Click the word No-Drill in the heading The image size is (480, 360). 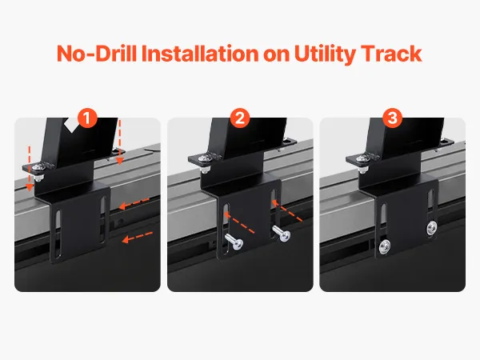[96, 54]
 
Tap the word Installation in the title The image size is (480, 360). [200, 54]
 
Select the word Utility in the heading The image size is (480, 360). [325, 54]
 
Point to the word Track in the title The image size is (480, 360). [391, 54]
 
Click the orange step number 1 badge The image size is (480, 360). [87, 118]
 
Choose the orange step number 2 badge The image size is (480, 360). [240, 118]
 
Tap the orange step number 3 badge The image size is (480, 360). [393, 118]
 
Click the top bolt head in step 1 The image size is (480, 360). [39, 167]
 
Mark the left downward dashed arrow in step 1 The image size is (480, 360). [30, 169]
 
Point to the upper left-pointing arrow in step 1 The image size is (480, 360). [134, 204]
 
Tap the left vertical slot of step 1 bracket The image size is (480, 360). [58, 229]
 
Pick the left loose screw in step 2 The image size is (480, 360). [234, 241]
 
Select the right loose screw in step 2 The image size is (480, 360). [282, 234]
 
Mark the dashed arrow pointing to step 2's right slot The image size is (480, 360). [287, 210]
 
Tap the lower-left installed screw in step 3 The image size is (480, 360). [385, 247]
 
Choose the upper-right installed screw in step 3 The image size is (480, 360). [432, 228]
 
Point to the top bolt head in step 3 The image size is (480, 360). [362, 158]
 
